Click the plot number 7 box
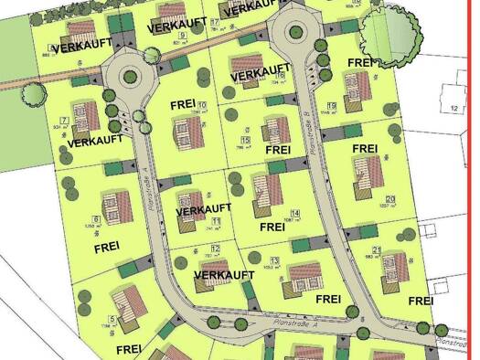[x=64, y=121]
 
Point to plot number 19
[x=331, y=106]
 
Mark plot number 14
[x=294, y=213]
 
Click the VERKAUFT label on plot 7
[x=95, y=143]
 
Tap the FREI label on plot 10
[x=186, y=104]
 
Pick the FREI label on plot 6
[x=107, y=247]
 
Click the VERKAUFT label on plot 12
[x=225, y=274]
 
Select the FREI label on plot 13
[x=328, y=298]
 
